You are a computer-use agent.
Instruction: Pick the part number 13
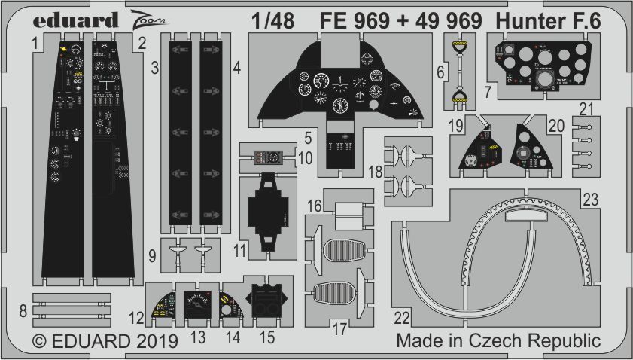point(199,338)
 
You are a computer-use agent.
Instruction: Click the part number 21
point(586,108)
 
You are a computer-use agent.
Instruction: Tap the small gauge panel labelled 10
point(269,157)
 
